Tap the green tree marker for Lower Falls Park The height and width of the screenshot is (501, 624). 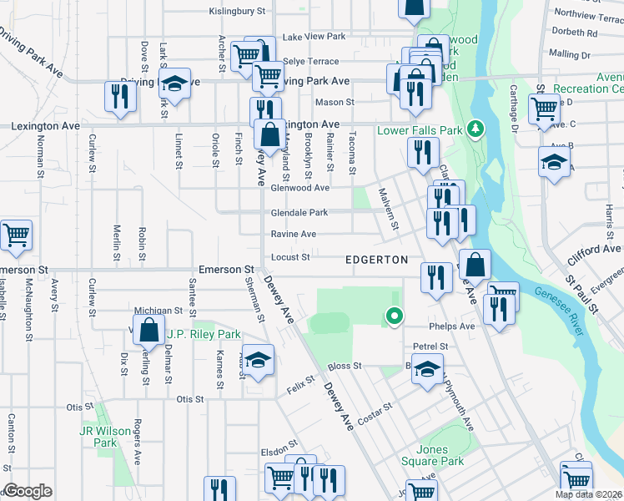(x=476, y=129)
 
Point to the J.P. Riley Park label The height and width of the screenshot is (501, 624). (x=204, y=334)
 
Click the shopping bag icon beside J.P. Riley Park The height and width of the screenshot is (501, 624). (x=148, y=330)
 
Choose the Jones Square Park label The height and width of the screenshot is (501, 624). (x=440, y=455)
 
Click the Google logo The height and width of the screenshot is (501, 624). (x=28, y=491)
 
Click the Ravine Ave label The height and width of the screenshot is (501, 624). (x=293, y=235)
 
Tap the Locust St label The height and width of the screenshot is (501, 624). (x=290, y=257)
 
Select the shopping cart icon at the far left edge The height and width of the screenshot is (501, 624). (x=15, y=235)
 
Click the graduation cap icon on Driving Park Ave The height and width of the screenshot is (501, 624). (x=175, y=84)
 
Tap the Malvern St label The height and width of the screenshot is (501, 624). (x=389, y=214)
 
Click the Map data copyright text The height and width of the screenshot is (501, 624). (x=588, y=494)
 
